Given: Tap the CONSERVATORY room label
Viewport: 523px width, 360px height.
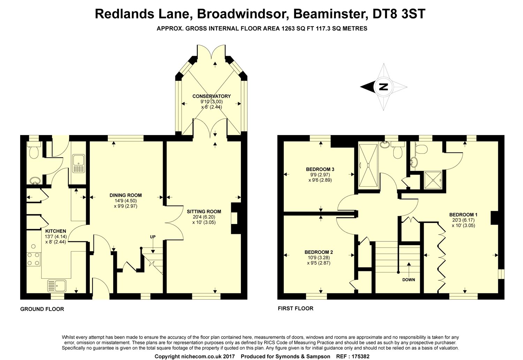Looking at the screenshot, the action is pos(211,96).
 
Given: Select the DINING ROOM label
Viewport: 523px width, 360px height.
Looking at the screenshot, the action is pos(126,195).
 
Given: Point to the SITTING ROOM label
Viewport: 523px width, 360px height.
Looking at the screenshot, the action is pos(204,211).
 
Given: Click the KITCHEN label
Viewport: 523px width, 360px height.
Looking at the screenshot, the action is pos(56,231).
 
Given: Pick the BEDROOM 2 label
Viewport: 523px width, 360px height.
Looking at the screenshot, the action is pos(319,252).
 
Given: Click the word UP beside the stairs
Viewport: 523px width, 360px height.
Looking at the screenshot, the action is pos(153,237).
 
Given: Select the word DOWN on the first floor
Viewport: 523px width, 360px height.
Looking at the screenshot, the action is pos(408,280).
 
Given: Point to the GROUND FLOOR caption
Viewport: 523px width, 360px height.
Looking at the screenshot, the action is pos(42,309).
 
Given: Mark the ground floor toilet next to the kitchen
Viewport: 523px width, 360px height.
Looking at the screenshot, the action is pos(34,151).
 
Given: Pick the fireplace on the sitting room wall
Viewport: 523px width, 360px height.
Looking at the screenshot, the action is pos(235,218).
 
